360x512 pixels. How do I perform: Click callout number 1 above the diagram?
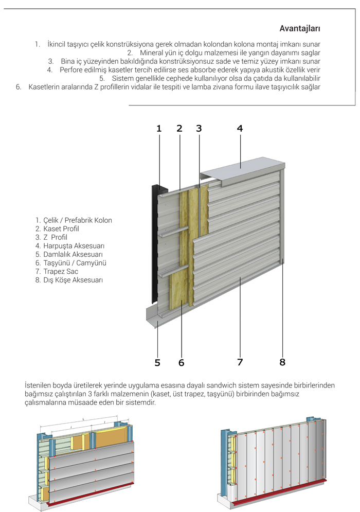point(159,129)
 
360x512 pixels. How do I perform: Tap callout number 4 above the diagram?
point(240,129)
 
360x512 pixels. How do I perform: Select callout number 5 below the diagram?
point(157,363)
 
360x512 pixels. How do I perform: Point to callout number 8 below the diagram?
point(282,362)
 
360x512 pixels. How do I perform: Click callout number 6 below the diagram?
point(181,363)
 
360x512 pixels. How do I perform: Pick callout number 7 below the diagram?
point(240,362)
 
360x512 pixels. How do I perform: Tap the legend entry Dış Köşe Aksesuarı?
point(69,280)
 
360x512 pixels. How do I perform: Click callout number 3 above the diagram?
point(199,129)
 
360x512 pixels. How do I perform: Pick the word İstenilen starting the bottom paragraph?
point(41,385)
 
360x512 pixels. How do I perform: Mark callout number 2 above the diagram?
point(179,129)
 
